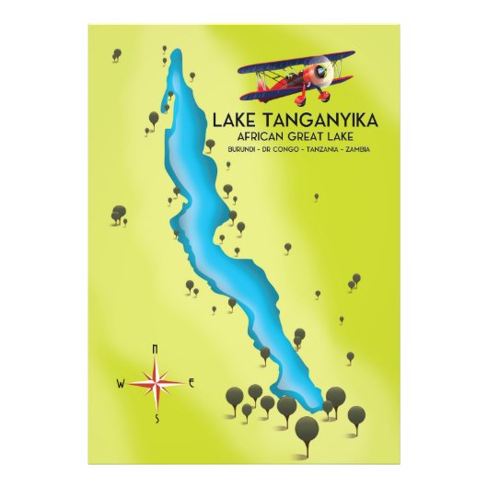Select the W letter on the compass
click(120, 383)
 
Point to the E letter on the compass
click(191, 382)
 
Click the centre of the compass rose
click(156, 382)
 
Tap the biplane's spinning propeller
click(324, 73)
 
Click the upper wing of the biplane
click(295, 61)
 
